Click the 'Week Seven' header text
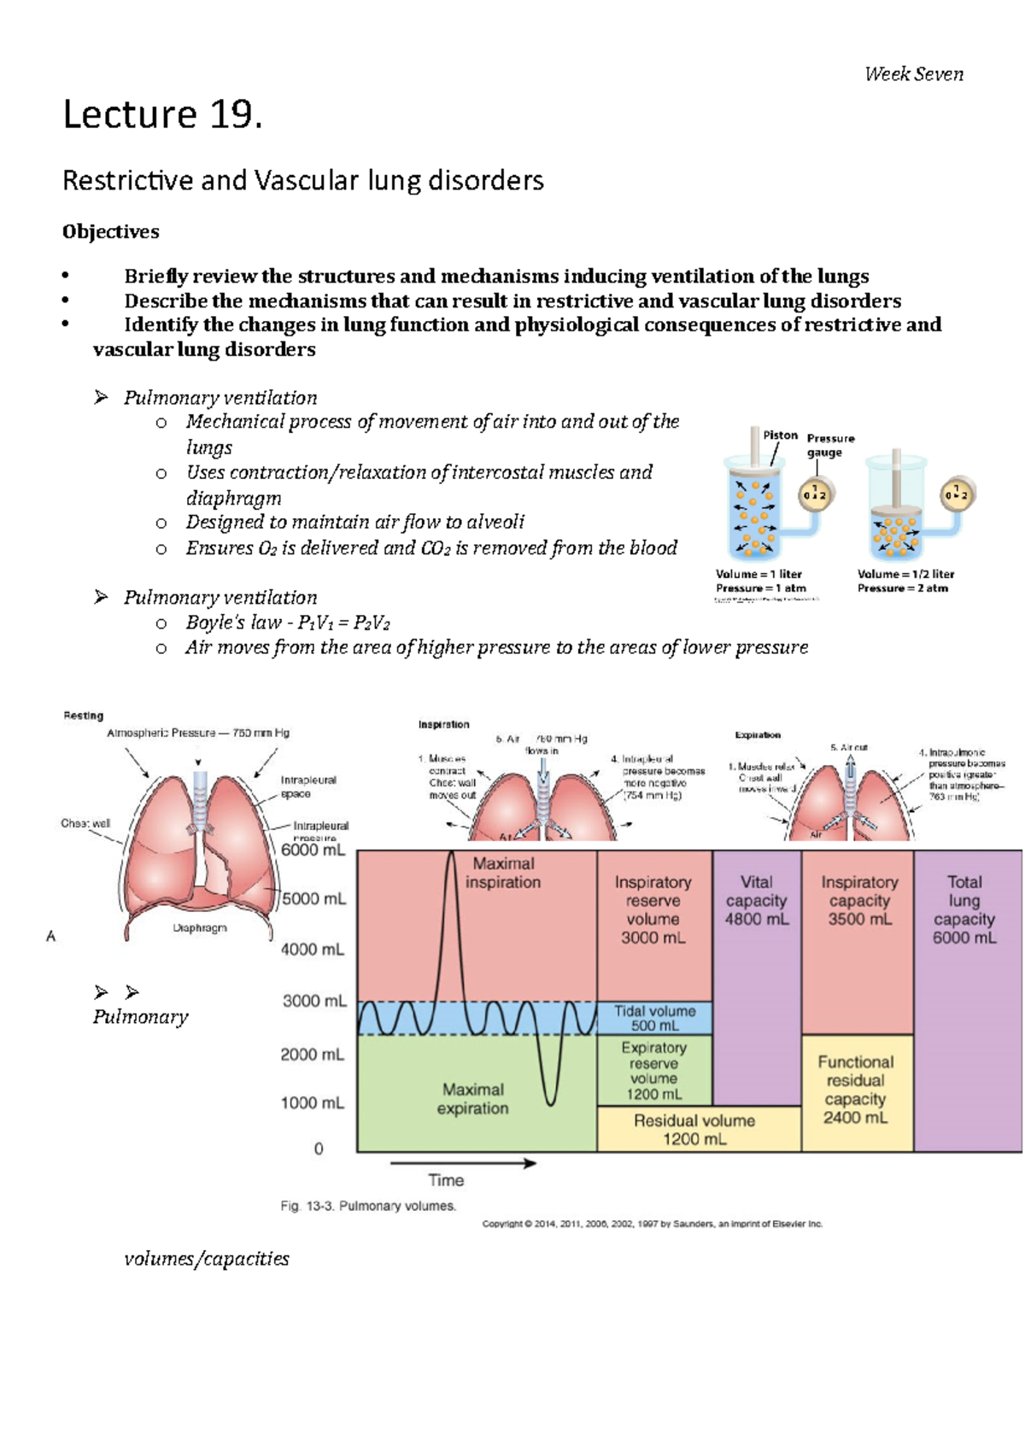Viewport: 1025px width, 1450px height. (913, 74)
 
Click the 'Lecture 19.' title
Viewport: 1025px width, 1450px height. (162, 114)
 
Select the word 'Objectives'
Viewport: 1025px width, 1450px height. (110, 231)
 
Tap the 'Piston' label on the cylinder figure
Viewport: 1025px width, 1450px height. (780, 435)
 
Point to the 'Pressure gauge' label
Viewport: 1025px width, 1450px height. (829, 445)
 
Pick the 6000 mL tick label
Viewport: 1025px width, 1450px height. (313, 850)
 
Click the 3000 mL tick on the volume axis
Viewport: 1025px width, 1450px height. (313, 1001)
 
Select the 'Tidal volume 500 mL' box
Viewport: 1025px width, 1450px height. (654, 1018)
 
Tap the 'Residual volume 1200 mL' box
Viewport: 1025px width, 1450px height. (694, 1129)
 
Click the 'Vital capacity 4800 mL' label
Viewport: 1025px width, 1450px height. (756, 900)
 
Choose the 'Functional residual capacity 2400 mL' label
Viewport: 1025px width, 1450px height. (855, 1089)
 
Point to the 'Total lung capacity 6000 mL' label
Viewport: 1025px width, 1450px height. (963, 909)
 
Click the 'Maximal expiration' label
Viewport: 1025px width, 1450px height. (472, 1099)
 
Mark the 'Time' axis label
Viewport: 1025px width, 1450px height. (446, 1180)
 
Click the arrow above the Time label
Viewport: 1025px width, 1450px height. (463, 1162)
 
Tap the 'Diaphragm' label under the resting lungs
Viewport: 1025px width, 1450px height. (200, 927)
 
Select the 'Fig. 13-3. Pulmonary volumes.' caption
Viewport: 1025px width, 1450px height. (368, 1206)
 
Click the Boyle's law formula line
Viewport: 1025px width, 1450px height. (288, 623)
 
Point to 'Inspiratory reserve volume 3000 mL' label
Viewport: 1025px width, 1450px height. (653, 909)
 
